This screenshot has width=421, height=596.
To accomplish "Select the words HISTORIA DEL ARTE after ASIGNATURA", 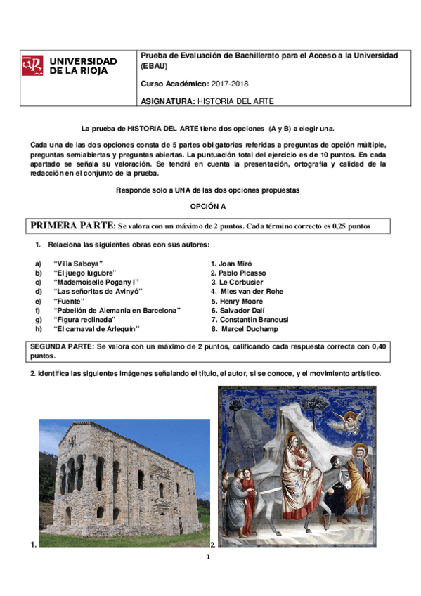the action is [235, 101].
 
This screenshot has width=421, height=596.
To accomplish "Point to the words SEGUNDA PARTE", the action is [62, 347].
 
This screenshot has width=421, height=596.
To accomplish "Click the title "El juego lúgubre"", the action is [84, 273].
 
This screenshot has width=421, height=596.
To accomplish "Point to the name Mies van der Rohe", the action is [252, 291].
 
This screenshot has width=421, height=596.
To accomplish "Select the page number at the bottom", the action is [209, 557].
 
